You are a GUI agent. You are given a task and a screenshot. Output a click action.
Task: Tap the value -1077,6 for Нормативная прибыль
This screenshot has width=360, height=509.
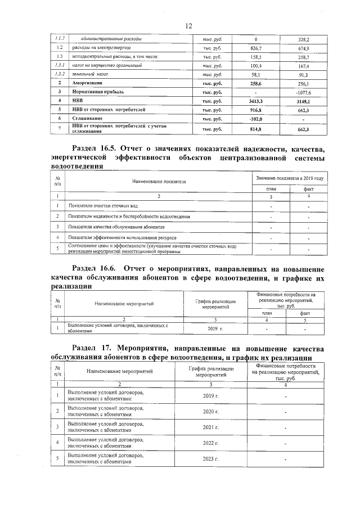pyautogui.click(x=303, y=91)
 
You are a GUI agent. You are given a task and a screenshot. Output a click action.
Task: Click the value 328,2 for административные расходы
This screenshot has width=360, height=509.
pyautogui.click(x=303, y=39)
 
